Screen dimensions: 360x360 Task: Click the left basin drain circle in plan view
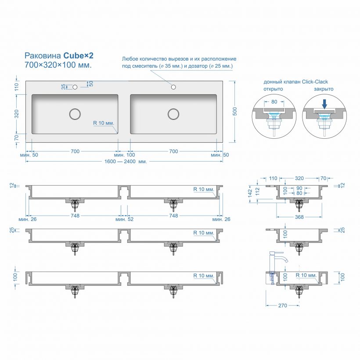[x=75, y=114]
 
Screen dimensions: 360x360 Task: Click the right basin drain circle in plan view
[x=173, y=114]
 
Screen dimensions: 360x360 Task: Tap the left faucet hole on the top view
[x=75, y=86]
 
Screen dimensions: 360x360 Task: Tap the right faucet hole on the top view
[x=173, y=86]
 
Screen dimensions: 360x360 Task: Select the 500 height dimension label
[x=235, y=112]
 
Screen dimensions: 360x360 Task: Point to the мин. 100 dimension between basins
[x=124, y=155]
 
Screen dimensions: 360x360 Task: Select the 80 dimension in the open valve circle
[x=274, y=102]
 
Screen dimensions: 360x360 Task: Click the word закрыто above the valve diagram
[x=324, y=89]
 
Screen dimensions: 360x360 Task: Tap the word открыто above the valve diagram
[x=273, y=89]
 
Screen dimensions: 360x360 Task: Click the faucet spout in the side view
[x=284, y=259]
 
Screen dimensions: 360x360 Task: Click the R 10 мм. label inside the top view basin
[x=104, y=123]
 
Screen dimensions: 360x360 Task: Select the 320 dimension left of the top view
[x=17, y=114]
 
